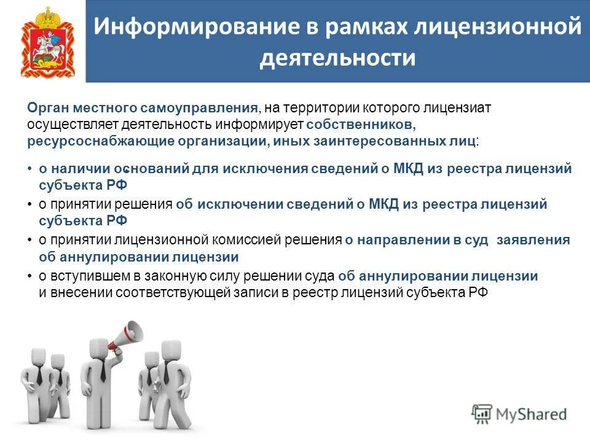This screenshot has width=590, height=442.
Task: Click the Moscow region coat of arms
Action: (47, 42)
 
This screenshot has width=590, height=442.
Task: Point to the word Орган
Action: (48, 108)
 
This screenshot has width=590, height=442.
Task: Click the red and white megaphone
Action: (125, 335)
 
